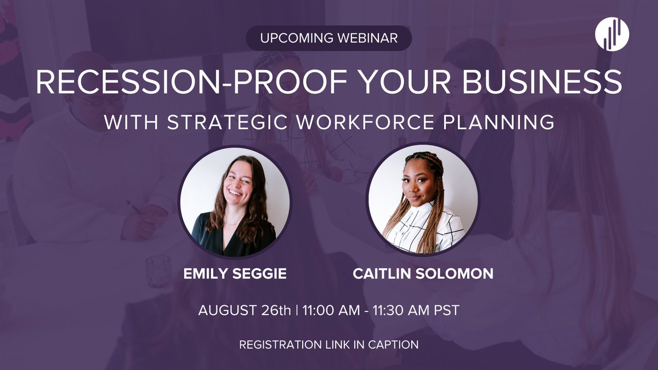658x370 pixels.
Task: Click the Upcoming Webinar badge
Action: [x=328, y=38]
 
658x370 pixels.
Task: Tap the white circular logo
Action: [x=612, y=35]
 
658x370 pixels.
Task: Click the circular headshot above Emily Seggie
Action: [x=235, y=201]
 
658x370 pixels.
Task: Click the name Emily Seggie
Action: [x=235, y=274]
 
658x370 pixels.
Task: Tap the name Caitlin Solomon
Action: [x=423, y=274]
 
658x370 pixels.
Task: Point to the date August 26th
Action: [x=245, y=310]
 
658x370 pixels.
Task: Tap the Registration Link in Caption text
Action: [x=328, y=345]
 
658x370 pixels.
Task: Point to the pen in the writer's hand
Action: [x=134, y=207]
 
